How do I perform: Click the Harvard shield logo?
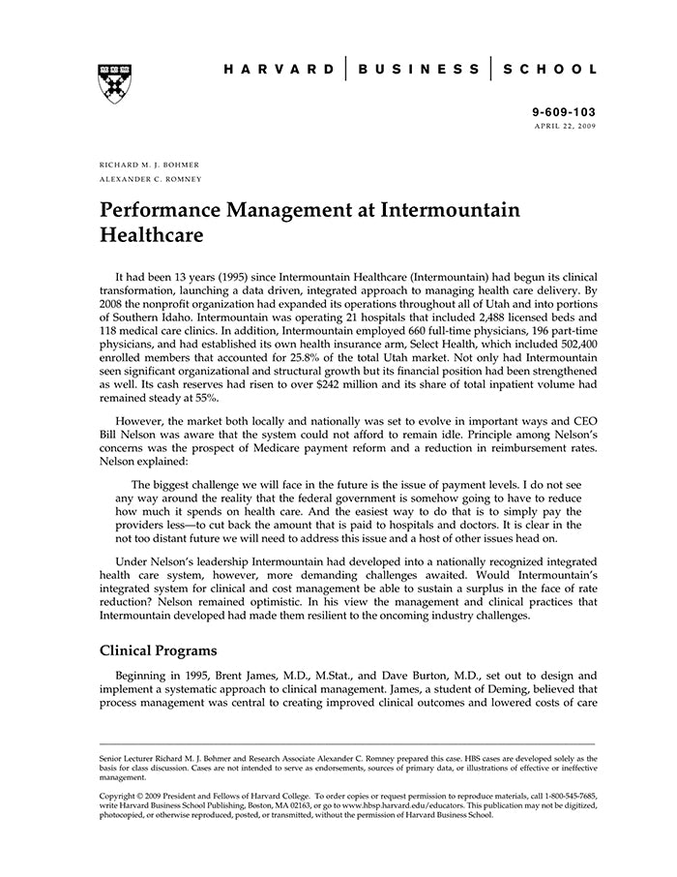[114, 84]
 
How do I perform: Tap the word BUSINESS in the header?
[418, 70]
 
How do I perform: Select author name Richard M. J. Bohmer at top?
[149, 165]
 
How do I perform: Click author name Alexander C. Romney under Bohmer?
[151, 179]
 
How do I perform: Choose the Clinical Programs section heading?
[158, 650]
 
